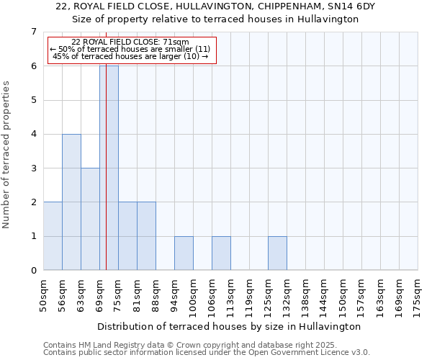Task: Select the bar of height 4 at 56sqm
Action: (x=71, y=202)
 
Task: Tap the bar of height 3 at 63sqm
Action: (x=90, y=219)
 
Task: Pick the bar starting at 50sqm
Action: (x=53, y=236)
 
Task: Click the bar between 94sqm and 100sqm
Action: (x=184, y=253)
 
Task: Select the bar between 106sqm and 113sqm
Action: (x=221, y=253)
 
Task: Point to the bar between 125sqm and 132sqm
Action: (x=277, y=253)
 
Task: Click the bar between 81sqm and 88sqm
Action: (x=146, y=236)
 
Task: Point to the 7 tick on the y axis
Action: (x=33, y=32)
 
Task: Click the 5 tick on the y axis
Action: (x=33, y=100)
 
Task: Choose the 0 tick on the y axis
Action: (x=33, y=271)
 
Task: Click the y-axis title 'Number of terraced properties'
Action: (x=6, y=154)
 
